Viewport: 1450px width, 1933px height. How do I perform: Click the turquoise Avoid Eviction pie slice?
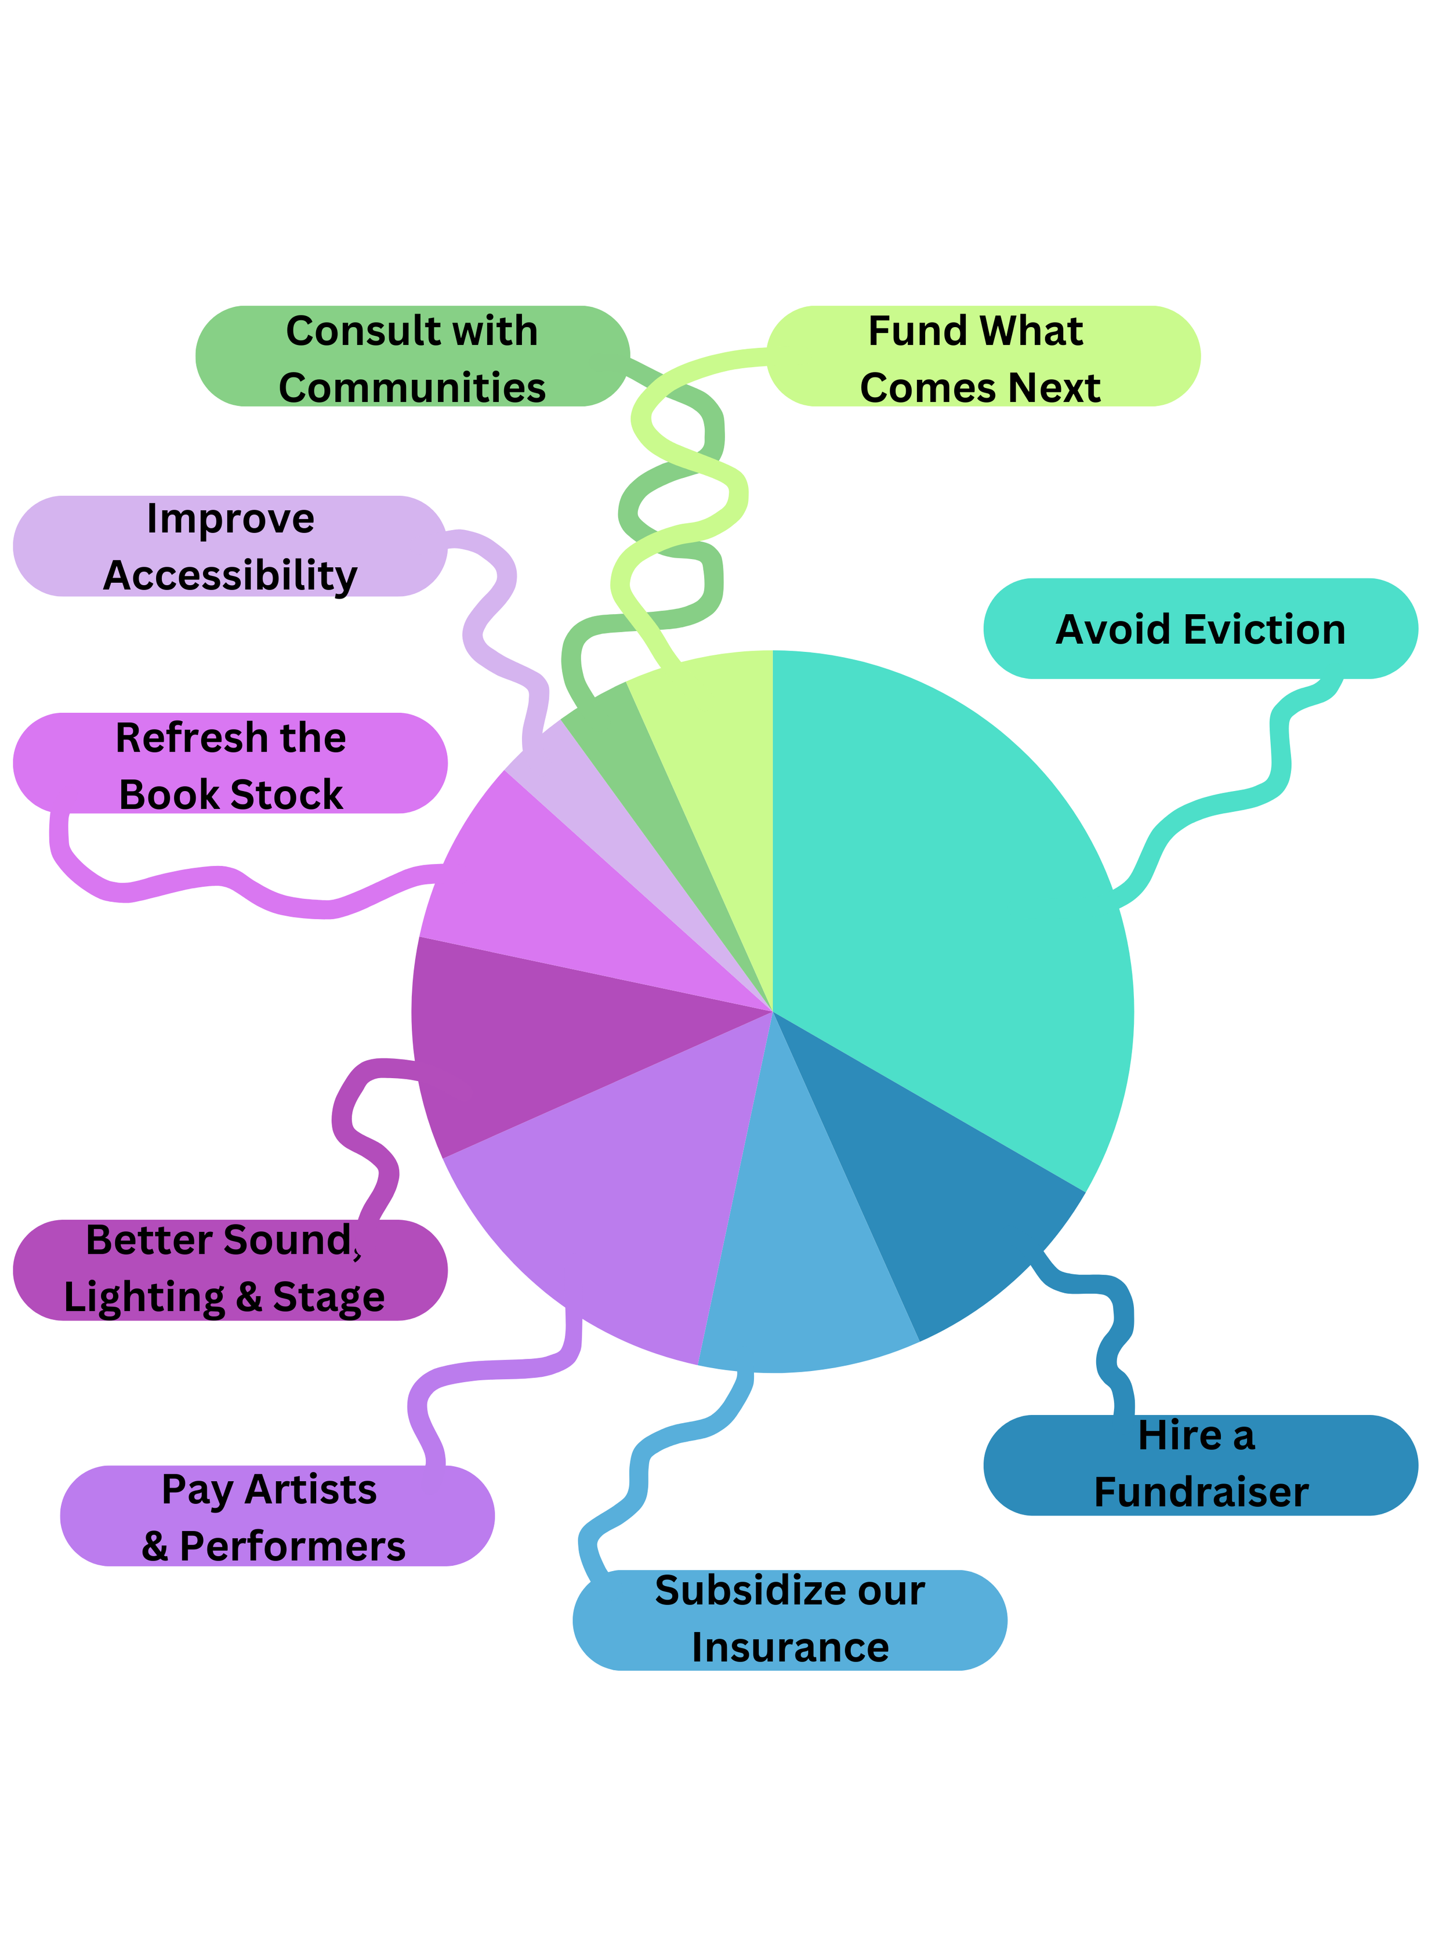944,900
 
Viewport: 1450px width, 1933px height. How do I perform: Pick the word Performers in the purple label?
293,1546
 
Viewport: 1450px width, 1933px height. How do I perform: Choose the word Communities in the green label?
412,387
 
